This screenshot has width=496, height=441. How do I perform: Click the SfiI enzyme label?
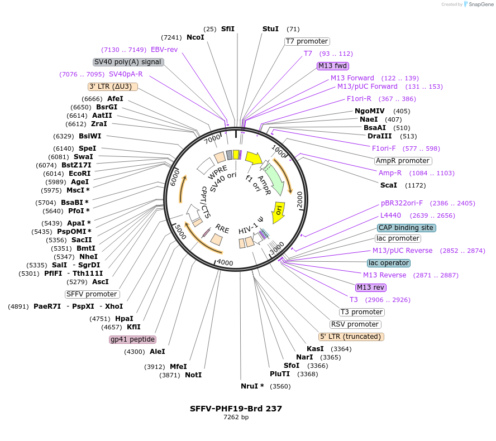[228, 29]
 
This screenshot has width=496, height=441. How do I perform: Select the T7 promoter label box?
[307, 41]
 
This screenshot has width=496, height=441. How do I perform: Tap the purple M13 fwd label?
[333, 66]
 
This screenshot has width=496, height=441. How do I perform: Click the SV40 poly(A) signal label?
[128, 62]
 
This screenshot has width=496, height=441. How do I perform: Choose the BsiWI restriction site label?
[90, 136]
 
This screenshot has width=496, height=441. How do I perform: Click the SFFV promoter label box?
[92, 294]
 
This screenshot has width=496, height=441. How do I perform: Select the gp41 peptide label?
[132, 339]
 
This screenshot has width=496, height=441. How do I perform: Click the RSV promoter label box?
[355, 324]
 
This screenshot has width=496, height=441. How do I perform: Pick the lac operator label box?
[389, 263]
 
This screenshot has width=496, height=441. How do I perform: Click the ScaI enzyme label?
[389, 185]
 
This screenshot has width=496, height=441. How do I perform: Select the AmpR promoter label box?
[403, 161]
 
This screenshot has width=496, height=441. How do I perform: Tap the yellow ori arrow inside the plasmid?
[279, 209]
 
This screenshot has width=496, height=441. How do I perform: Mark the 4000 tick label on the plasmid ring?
[225, 262]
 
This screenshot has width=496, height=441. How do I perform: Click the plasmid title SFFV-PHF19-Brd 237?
[236, 409]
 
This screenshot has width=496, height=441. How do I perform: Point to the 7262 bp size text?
[236, 417]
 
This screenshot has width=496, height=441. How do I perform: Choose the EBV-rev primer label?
[164, 50]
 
